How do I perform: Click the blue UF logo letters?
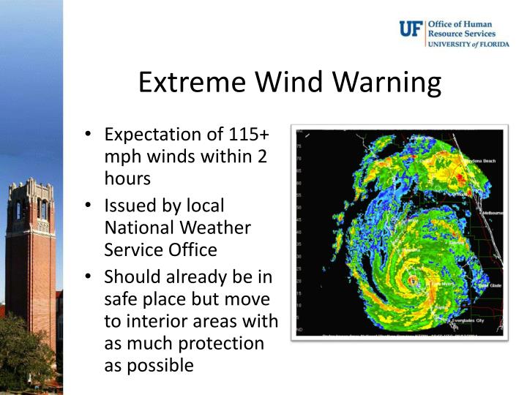pos(410,29)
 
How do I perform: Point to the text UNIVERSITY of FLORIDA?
pos(462,44)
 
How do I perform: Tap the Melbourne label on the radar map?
pos(492,213)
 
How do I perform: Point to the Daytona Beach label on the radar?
pos(482,161)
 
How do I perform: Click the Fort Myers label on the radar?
pos(444,285)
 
